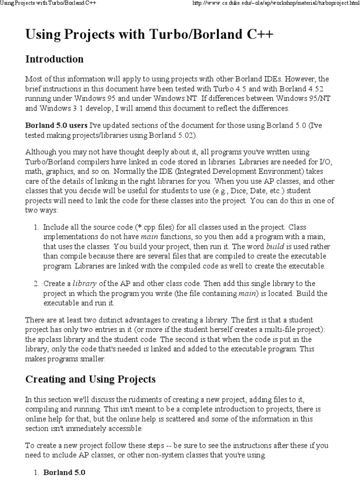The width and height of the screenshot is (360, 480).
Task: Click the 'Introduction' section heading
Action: (54, 60)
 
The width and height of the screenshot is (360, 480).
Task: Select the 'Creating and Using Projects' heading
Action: (90, 379)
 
